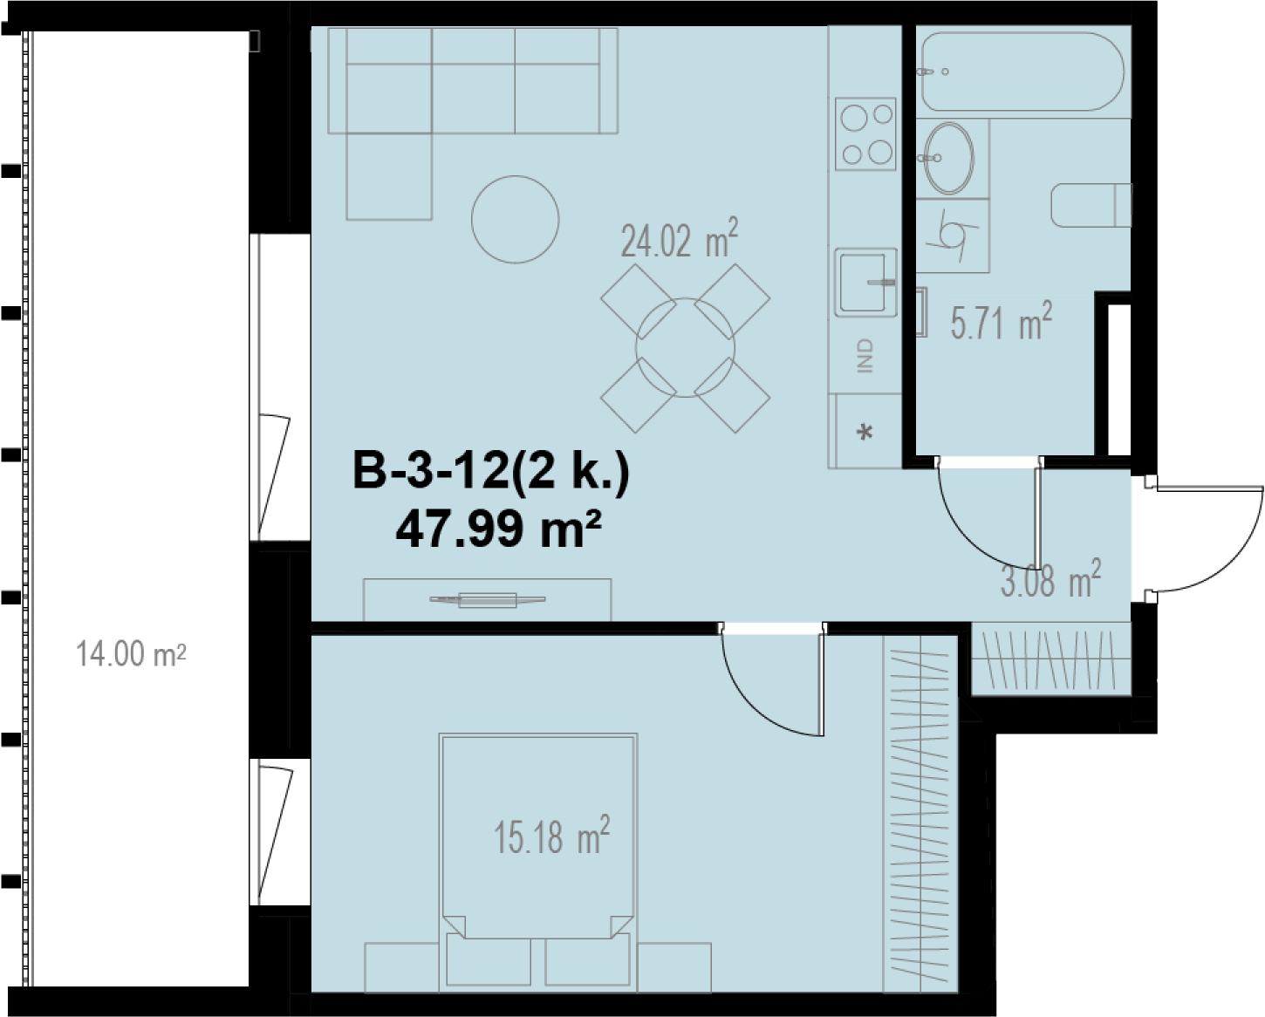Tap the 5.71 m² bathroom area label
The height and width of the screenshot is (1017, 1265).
click(1001, 322)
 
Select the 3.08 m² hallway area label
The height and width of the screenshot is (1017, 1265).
click(1050, 579)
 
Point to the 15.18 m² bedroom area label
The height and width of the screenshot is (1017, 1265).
click(551, 836)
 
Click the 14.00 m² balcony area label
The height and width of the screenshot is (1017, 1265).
click(131, 653)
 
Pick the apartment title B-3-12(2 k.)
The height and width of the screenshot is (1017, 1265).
click(491, 471)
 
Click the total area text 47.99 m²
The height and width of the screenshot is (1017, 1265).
click(498, 529)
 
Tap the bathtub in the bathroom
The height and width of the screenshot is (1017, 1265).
click(1022, 72)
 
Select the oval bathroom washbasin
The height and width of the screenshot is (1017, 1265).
click(949, 158)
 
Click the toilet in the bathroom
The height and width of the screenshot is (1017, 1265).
click(1091, 205)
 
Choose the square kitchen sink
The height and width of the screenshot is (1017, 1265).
click(865, 283)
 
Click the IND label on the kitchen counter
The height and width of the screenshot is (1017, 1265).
click(865, 355)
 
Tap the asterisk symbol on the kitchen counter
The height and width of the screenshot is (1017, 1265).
click(865, 433)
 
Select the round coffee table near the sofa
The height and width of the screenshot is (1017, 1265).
click(515, 219)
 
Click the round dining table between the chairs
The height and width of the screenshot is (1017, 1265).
click(686, 348)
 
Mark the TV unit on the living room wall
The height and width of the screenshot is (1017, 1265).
click(488, 599)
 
